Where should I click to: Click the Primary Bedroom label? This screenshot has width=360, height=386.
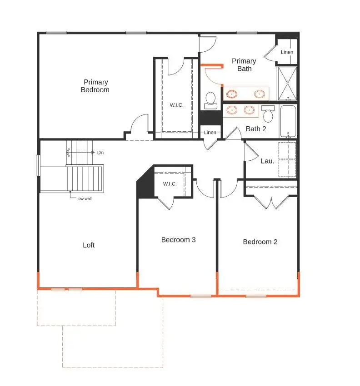[95, 86]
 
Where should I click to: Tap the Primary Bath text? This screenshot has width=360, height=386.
[244, 64]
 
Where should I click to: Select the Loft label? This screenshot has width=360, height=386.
[89, 245]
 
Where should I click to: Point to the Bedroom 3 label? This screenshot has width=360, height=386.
[178, 239]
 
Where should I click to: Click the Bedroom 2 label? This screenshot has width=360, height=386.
[260, 242]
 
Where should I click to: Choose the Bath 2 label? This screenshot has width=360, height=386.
[256, 129]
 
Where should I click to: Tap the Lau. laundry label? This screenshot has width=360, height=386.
[267, 161]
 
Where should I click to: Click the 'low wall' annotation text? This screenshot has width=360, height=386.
[85, 198]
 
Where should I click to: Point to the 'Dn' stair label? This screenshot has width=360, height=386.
[100, 153]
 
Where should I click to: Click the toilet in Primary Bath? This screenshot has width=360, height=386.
[210, 100]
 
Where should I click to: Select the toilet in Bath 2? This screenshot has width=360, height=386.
[268, 114]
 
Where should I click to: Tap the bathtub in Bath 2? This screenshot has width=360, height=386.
[288, 121]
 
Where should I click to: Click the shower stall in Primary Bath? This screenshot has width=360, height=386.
[288, 83]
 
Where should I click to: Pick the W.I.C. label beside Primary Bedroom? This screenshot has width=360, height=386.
[177, 105]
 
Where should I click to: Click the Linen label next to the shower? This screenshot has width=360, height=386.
[287, 52]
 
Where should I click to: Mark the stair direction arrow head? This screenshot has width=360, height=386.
[68, 153]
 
